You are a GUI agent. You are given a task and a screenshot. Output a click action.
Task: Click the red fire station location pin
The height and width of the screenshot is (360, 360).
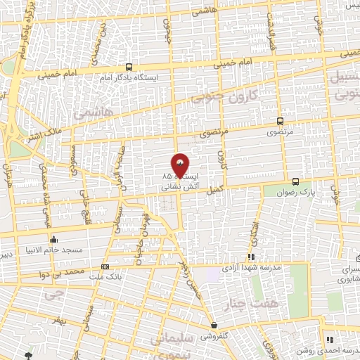(180, 165)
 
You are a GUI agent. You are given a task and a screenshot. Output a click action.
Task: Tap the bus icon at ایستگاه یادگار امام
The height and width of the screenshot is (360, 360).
(129, 65)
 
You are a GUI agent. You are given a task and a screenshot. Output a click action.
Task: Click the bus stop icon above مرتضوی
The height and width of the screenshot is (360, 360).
(281, 121)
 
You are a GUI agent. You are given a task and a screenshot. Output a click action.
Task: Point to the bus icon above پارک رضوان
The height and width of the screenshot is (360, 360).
(296, 181)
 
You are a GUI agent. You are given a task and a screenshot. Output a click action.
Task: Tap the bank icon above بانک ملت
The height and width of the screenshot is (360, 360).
(105, 266)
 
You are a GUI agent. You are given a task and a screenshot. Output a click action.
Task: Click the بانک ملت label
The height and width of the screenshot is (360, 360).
(106, 276)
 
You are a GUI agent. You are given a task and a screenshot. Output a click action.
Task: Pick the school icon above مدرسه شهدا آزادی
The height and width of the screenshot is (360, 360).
(251, 257)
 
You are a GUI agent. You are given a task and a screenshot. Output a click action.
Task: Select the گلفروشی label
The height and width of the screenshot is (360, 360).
(215, 336)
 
